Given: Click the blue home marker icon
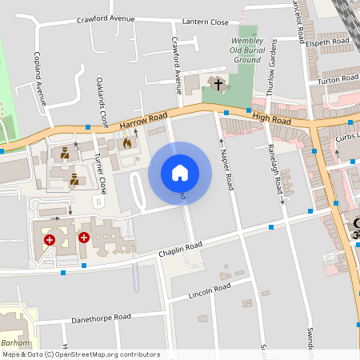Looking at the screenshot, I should [180, 172].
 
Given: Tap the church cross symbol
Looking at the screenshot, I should [218, 83].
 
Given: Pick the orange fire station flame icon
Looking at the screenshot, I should [126, 143].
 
